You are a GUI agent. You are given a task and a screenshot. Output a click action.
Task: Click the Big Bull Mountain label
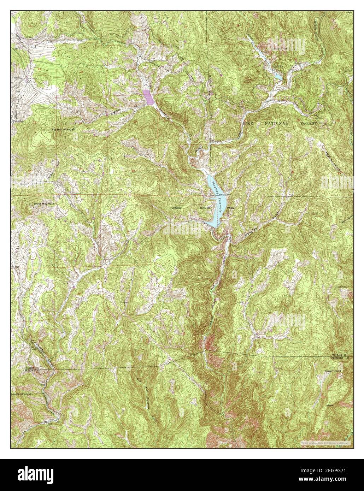(64, 130)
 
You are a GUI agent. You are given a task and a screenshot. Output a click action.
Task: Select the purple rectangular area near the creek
(148, 97)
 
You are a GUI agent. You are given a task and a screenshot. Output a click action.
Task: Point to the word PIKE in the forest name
(249, 123)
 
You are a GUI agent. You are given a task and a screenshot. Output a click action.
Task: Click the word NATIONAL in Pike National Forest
(277, 123)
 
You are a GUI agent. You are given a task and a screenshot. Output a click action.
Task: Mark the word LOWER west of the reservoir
(176, 208)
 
